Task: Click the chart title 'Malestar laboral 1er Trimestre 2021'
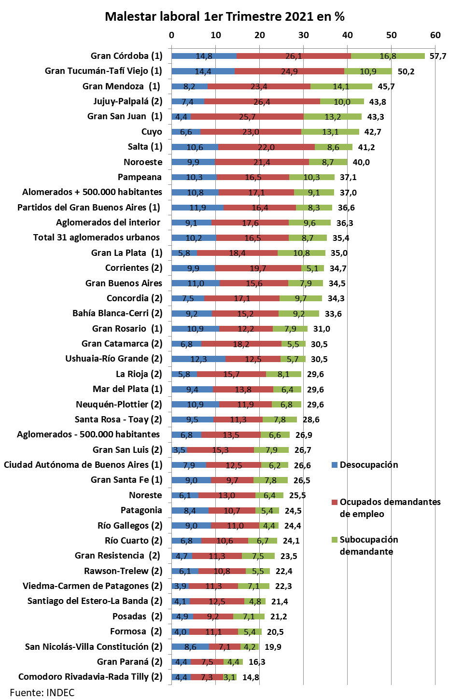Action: pyautogui.click(x=224, y=16)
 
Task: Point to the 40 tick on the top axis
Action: pyautogui.click(x=347, y=35)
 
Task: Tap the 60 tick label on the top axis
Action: pyautogui.click(x=435, y=35)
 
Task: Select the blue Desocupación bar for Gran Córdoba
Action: pyautogui.click(x=204, y=56)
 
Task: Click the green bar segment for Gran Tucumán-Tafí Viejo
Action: pyautogui.click(x=368, y=71)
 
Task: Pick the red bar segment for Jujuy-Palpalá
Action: pyautogui.click(x=262, y=101)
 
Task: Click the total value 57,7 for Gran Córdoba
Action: pyautogui.click(x=437, y=56)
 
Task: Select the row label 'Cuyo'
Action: pyautogui.click(x=152, y=132)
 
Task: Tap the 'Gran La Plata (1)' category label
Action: pyautogui.click(x=126, y=253)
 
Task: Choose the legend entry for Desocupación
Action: pyautogui.click(x=365, y=465)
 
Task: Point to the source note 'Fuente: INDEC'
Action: pyautogui.click(x=42, y=693)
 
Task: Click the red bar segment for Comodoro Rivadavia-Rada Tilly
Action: pyautogui.click(x=207, y=677)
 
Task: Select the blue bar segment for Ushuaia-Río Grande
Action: pyautogui.click(x=198, y=359)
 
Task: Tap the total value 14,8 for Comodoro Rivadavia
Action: pyautogui.click(x=251, y=677)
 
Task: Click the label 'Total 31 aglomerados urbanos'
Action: pyautogui.click(x=96, y=238)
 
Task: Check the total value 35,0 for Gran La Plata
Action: pyautogui.click(x=338, y=253)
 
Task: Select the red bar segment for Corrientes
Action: pyautogui.click(x=258, y=268)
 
